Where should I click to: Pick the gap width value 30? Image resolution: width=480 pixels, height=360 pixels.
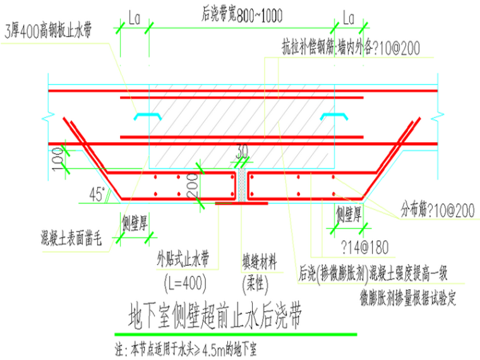coord(243,152)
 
